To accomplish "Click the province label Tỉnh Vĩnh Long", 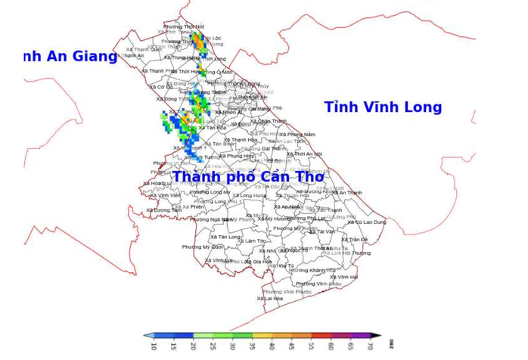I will click(x=383, y=107).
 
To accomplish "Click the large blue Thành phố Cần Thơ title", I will click(x=247, y=177).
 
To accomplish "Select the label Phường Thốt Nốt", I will click(x=184, y=26).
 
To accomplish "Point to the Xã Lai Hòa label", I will click(x=270, y=299).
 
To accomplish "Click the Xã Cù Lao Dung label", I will click(x=367, y=222).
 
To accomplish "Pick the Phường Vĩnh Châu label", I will click(x=314, y=284).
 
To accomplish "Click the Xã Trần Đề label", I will click(x=353, y=240).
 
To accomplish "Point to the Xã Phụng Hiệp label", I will click(x=236, y=156).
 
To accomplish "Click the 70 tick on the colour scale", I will click(x=370, y=346).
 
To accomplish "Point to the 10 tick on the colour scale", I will click(x=154, y=346).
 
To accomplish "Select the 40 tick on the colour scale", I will click(x=272, y=346).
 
